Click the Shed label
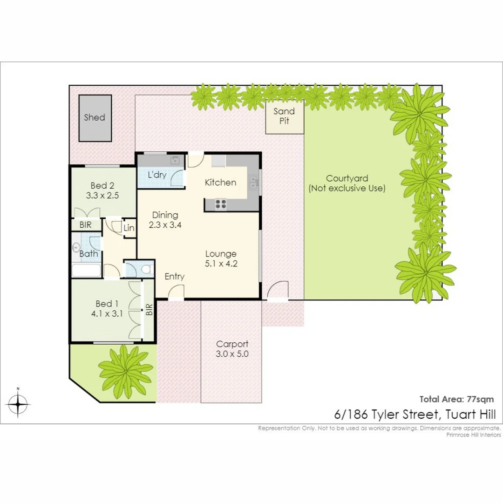click(x=95, y=117)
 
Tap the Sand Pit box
click(x=284, y=116)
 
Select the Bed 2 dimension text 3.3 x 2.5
click(x=102, y=196)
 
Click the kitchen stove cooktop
click(x=220, y=203)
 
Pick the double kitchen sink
click(x=253, y=182)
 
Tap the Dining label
click(x=165, y=215)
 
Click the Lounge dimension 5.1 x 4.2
click(x=221, y=264)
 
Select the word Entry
click(x=175, y=277)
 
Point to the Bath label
click(x=88, y=254)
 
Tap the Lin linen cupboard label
click(x=129, y=228)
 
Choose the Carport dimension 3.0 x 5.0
click(x=232, y=354)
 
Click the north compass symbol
click(x=18, y=403)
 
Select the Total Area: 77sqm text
click(x=456, y=399)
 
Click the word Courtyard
click(x=347, y=178)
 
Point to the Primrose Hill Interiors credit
click(x=473, y=435)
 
